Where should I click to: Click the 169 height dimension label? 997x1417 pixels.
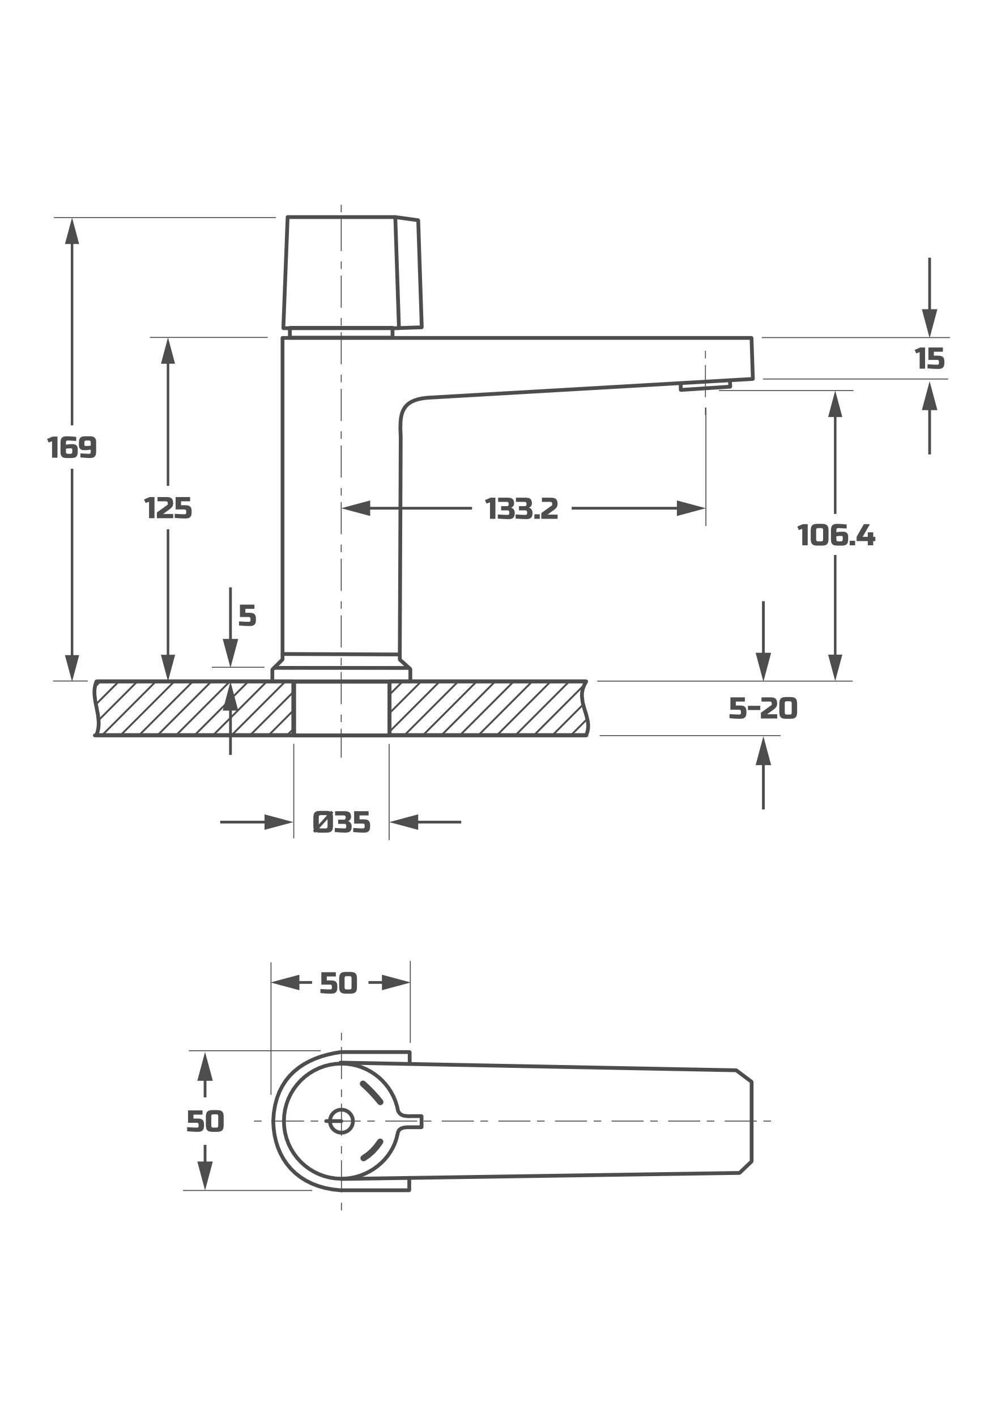[72, 447]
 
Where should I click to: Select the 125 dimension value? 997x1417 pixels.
[168, 508]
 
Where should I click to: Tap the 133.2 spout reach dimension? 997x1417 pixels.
[522, 508]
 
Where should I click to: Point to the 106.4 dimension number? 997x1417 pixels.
[836, 535]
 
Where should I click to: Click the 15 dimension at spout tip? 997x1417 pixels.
[930, 359]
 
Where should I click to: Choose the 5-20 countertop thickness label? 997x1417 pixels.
[763, 708]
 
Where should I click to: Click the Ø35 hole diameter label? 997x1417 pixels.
[341, 822]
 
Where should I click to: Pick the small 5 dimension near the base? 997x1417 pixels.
[248, 616]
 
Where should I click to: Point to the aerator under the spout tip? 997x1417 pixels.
[705, 387]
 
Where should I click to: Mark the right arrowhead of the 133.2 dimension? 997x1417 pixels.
[692, 508]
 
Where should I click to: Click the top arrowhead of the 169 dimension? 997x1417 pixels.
[72, 231]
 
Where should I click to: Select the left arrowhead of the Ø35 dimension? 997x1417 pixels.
[279, 822]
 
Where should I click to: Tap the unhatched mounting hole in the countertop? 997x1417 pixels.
[341, 708]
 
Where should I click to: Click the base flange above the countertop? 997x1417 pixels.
[341, 673]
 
